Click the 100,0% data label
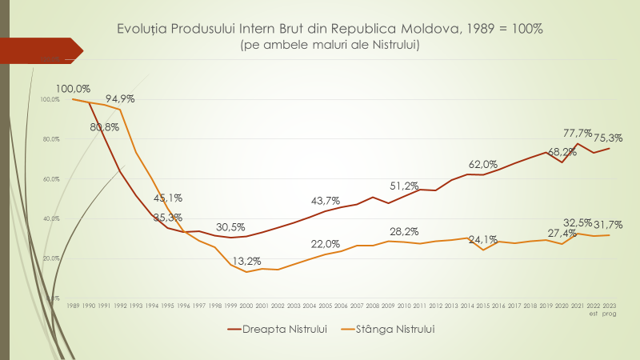click(x=74, y=89)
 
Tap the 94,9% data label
click(x=119, y=99)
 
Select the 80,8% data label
click(x=105, y=126)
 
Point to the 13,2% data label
click(x=246, y=260)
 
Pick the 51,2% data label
click(x=405, y=186)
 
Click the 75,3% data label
click(x=607, y=138)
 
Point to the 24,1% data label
click(x=482, y=238)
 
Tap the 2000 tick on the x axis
click(x=246, y=306)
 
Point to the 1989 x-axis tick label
click(x=73, y=306)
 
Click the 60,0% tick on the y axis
click(x=50, y=179)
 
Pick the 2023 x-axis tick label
click(x=610, y=306)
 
